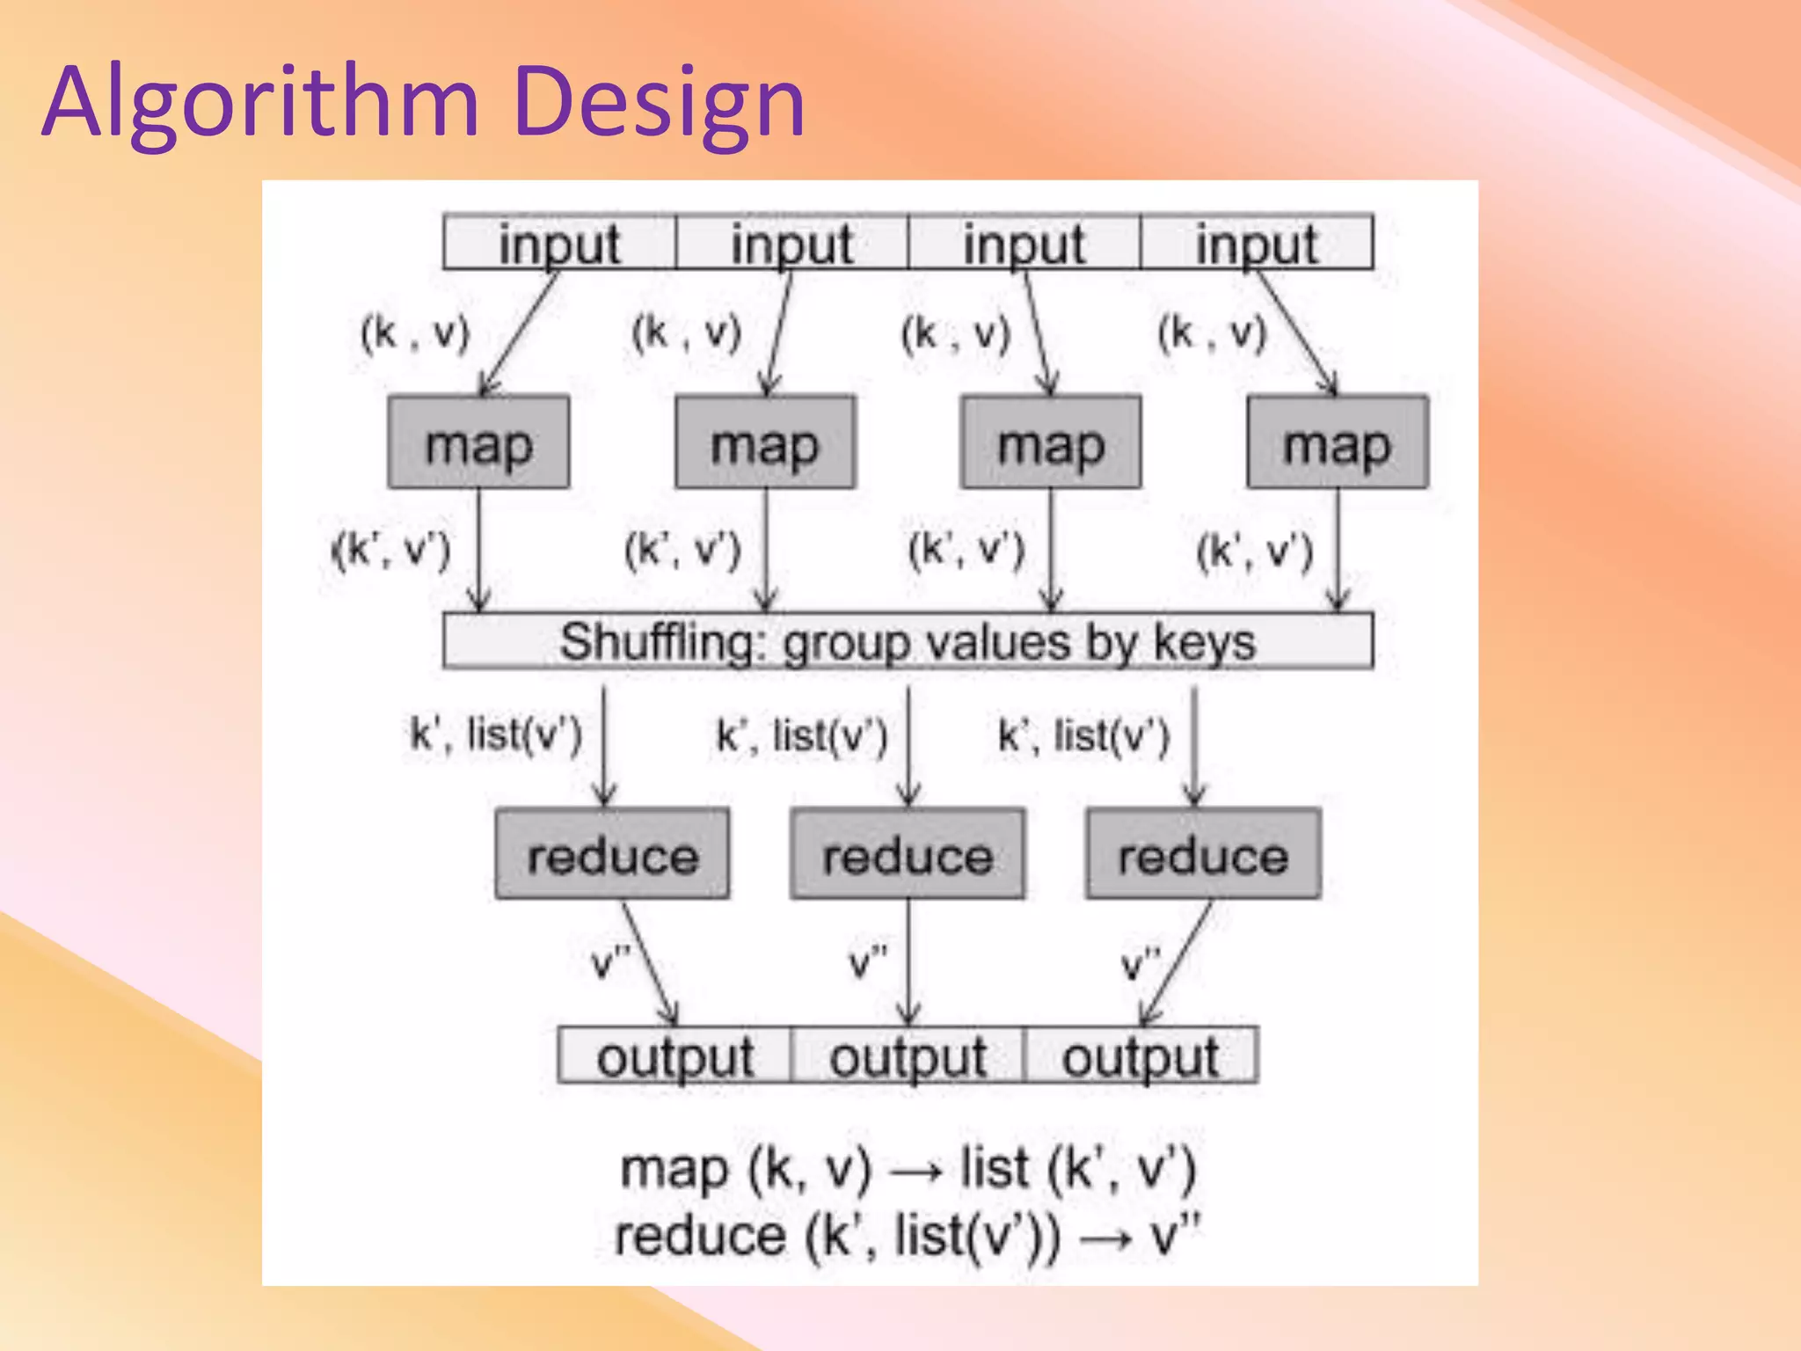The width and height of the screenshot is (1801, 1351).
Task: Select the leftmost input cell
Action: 559,242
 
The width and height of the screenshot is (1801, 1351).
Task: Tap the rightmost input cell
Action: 1256,242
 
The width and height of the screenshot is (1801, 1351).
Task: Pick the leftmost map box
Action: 478,442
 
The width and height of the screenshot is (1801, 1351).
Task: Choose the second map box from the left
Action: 765,442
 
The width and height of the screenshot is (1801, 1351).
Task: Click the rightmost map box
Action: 1337,442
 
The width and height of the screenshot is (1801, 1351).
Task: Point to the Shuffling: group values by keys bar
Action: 908,641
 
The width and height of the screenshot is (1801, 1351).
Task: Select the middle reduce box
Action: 908,854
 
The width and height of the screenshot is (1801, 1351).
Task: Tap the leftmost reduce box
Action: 612,854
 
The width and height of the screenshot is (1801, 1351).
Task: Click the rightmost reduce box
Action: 1203,854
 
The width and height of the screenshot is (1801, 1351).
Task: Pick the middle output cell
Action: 908,1055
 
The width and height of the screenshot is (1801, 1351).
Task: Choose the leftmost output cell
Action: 675,1055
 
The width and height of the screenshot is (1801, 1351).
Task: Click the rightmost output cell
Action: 1141,1055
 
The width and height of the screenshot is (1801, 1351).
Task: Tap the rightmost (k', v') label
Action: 1255,551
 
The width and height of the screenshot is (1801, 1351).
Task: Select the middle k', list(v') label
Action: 802,734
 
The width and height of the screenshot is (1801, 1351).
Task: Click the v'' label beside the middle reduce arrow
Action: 868,962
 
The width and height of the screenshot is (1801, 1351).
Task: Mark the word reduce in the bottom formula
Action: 700,1236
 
